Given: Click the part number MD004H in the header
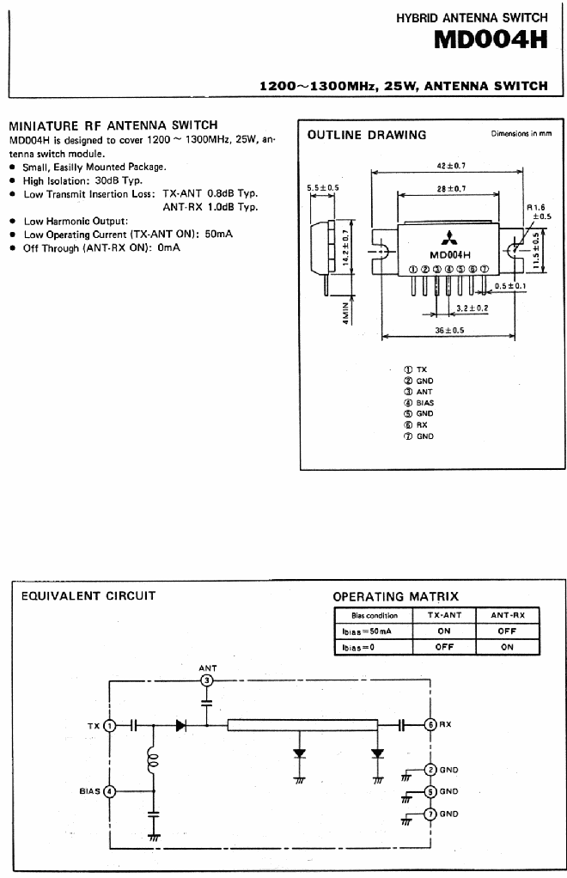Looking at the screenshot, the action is tap(491, 40).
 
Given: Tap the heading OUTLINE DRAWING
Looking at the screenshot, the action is tap(367, 135).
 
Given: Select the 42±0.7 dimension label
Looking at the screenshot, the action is tap(451, 166).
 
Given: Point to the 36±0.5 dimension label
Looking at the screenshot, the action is tap(449, 330).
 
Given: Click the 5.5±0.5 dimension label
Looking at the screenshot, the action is tap(323, 187).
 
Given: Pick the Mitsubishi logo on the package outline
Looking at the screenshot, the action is tap(448, 238).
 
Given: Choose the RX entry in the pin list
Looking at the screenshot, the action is tap(415, 424).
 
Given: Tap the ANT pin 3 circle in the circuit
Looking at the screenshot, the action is tap(207, 680).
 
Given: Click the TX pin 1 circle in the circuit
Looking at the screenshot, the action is tap(110, 726).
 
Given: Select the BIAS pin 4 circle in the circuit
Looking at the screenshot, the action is tap(110, 791).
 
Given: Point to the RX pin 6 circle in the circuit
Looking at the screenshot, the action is tap(430, 724).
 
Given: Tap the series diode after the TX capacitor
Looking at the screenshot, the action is tap(180, 726).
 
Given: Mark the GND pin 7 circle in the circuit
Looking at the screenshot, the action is tap(430, 814).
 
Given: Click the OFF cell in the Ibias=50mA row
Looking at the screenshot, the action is tap(507, 631).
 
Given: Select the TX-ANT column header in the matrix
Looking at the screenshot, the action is tap(444, 615).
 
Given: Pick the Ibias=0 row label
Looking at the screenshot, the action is tap(358, 647).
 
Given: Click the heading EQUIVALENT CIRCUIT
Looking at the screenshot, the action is tap(88, 596).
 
